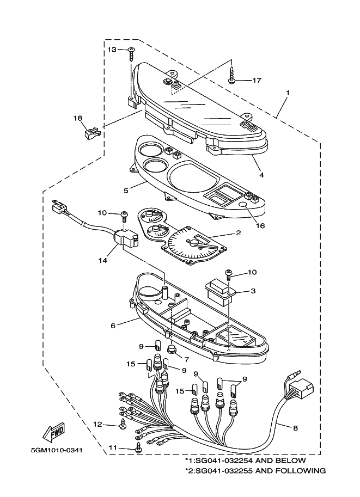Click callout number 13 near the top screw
tap(111, 50)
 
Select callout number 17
tap(257, 81)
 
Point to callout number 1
tap(288, 92)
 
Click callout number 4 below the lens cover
tap(261, 175)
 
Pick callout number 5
tap(126, 191)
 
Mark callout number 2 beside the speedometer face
tap(238, 232)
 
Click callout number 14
tap(103, 261)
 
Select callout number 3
tap(253, 291)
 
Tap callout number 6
tap(113, 326)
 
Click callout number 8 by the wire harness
tap(295, 428)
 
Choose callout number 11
tap(113, 447)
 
